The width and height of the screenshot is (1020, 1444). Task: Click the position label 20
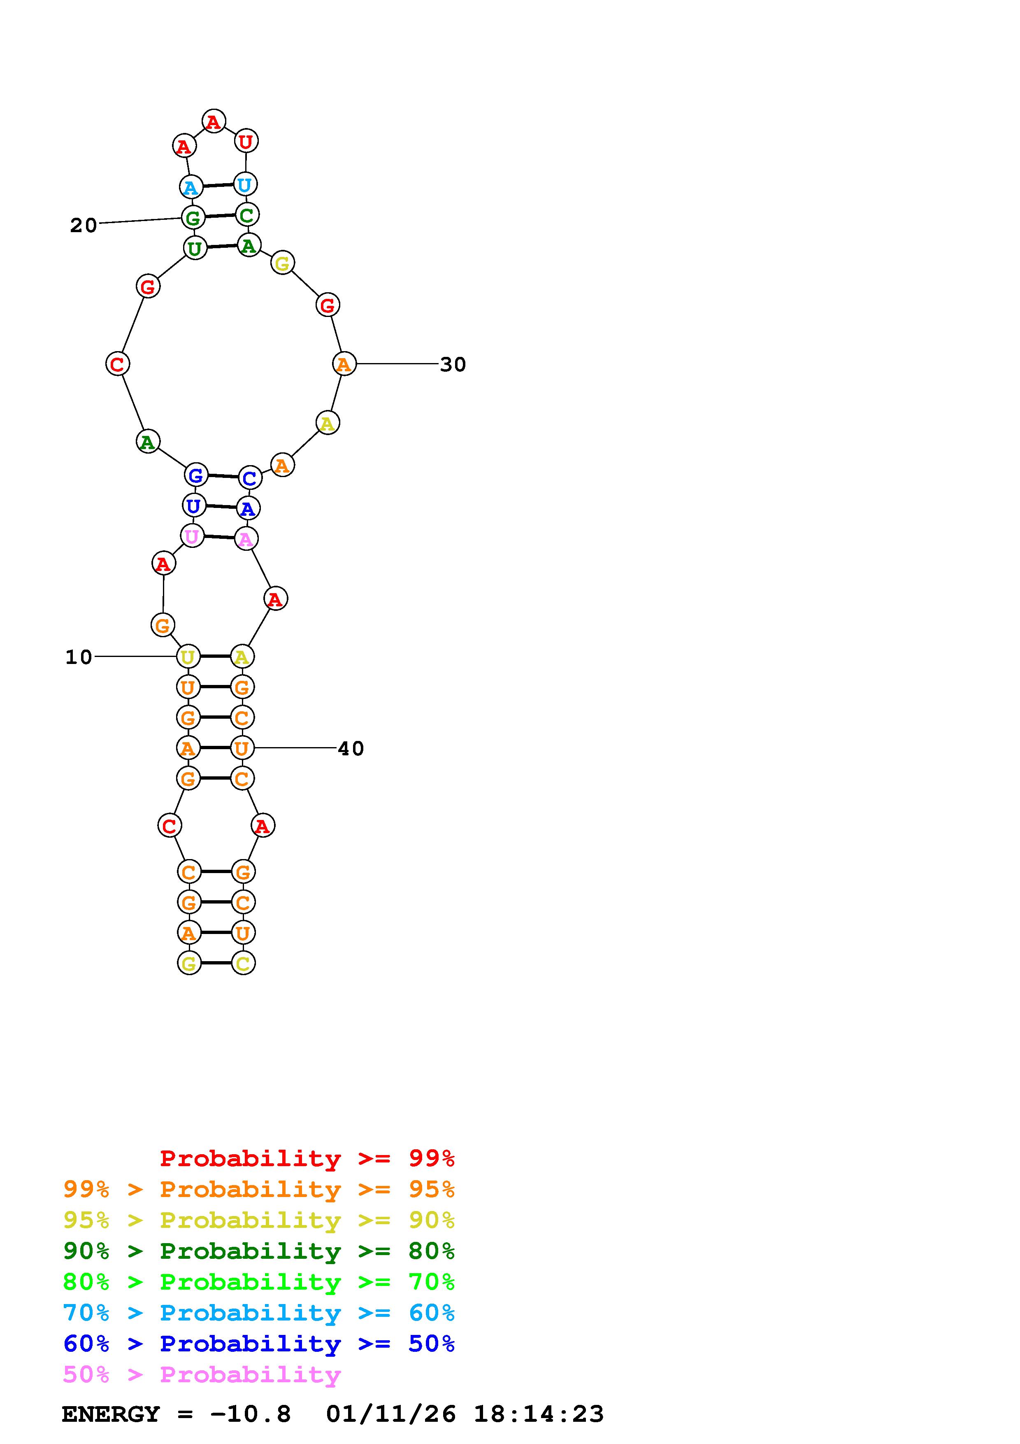(x=83, y=225)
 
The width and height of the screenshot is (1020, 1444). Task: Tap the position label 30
(x=453, y=364)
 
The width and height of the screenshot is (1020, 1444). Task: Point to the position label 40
(x=351, y=748)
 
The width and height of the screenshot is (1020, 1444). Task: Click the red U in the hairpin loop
(x=246, y=142)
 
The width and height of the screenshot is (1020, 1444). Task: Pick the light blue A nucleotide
(x=191, y=187)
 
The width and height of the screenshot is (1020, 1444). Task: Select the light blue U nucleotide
(x=244, y=184)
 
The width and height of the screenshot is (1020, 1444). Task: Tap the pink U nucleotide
(x=192, y=536)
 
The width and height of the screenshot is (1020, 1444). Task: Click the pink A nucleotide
(x=246, y=539)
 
